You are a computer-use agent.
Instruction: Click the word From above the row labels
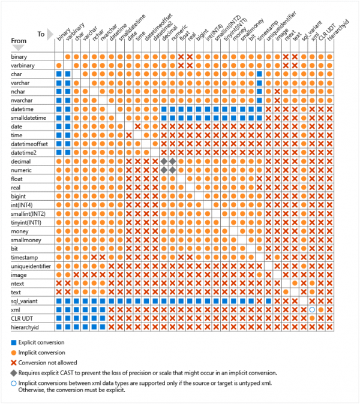tap(19, 40)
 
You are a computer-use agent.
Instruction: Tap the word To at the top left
tap(41, 34)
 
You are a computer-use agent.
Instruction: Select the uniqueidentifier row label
tap(31, 266)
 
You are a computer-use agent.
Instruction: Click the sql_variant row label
tap(23, 300)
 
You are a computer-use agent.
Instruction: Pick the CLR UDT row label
tap(22, 318)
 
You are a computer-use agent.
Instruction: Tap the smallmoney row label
tap(26, 239)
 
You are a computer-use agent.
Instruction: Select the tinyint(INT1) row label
tap(27, 222)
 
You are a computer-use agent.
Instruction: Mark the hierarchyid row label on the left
tap(25, 327)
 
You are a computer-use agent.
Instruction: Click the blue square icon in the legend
tap(13, 341)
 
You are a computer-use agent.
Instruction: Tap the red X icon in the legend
tap(13, 361)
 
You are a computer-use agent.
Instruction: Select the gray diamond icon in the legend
tap(13, 372)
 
